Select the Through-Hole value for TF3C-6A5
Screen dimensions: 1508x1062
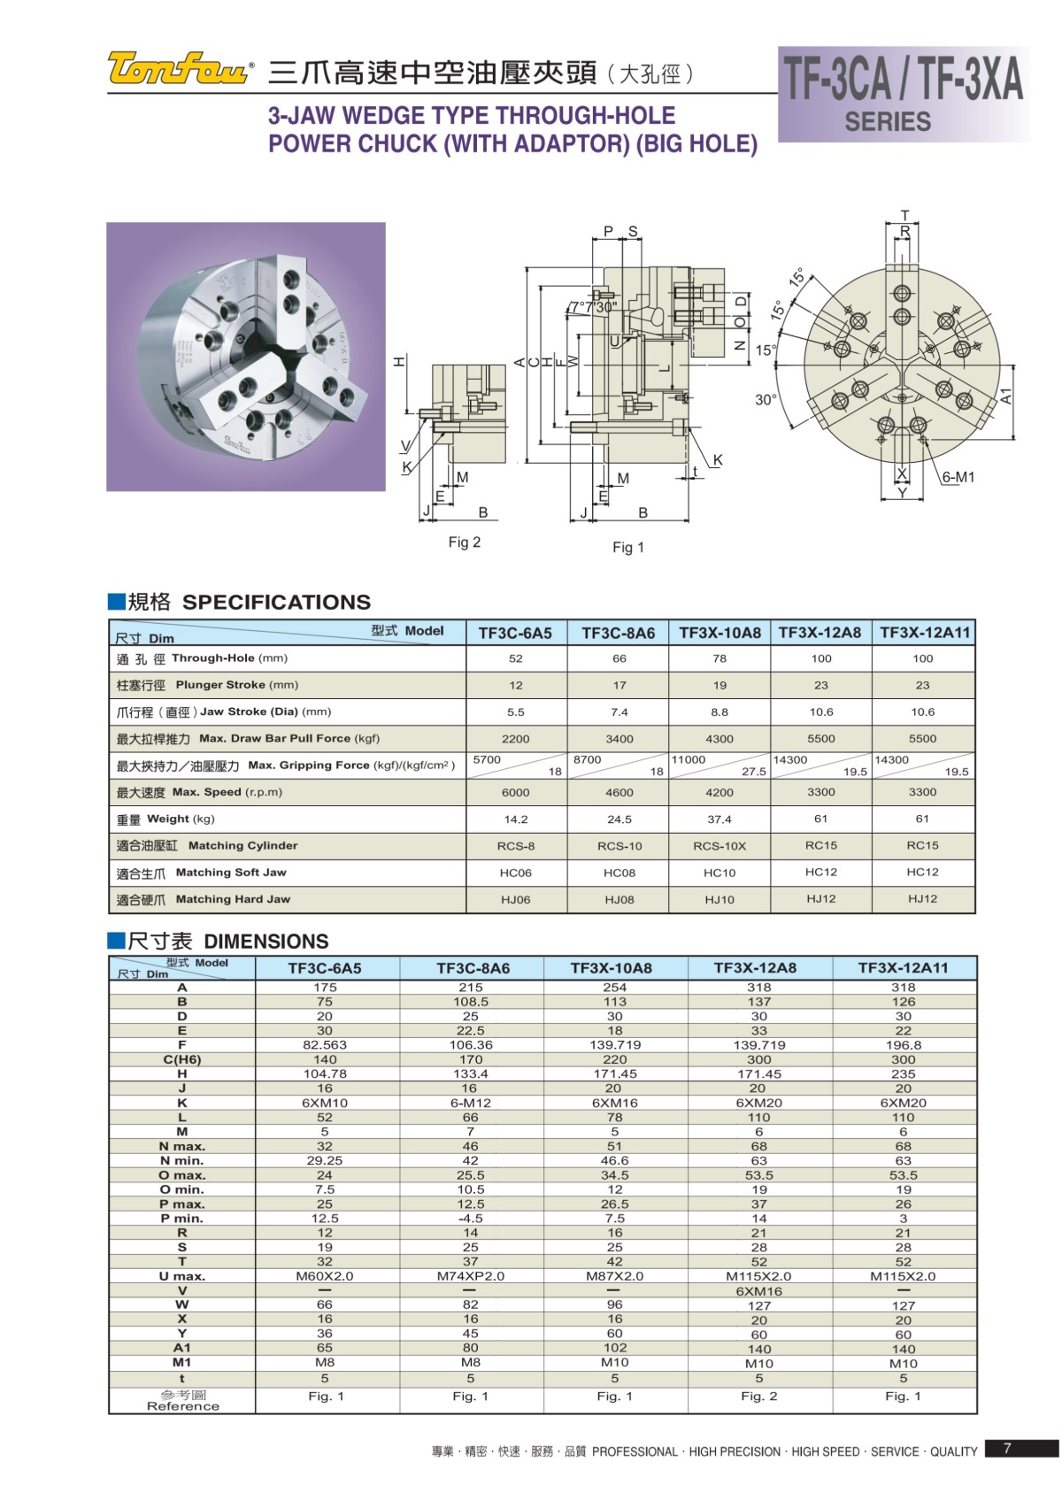pyautogui.click(x=516, y=658)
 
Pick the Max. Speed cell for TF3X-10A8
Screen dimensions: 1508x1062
pyautogui.click(x=720, y=792)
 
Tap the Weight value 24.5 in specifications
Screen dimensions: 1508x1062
pyautogui.click(x=619, y=819)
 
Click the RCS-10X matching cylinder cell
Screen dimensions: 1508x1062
pyautogui.click(x=720, y=846)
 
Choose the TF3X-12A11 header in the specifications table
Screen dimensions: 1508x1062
pyautogui.click(x=924, y=633)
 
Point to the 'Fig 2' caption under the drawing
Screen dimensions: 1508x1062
pyautogui.click(x=465, y=542)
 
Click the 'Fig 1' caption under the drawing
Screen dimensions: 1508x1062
pyautogui.click(x=628, y=548)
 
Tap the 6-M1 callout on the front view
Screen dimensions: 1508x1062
pyautogui.click(x=958, y=478)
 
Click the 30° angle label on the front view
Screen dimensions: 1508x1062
pyautogui.click(x=766, y=400)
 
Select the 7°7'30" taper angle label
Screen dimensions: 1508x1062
pyautogui.click(x=594, y=307)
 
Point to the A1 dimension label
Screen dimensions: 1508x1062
pyautogui.click(x=1006, y=396)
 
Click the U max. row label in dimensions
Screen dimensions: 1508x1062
pyautogui.click(x=182, y=1276)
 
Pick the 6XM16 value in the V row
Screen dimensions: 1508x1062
pyautogui.click(x=759, y=1291)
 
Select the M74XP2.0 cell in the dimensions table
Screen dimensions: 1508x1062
pyautogui.click(x=471, y=1276)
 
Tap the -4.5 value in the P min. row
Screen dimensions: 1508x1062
pyautogui.click(x=471, y=1219)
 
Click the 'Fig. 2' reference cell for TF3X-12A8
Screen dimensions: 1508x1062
pyautogui.click(x=759, y=1396)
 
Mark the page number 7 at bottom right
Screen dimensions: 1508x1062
pyautogui.click(x=1007, y=1449)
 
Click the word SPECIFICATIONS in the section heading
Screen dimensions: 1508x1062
pyautogui.click(x=276, y=603)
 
